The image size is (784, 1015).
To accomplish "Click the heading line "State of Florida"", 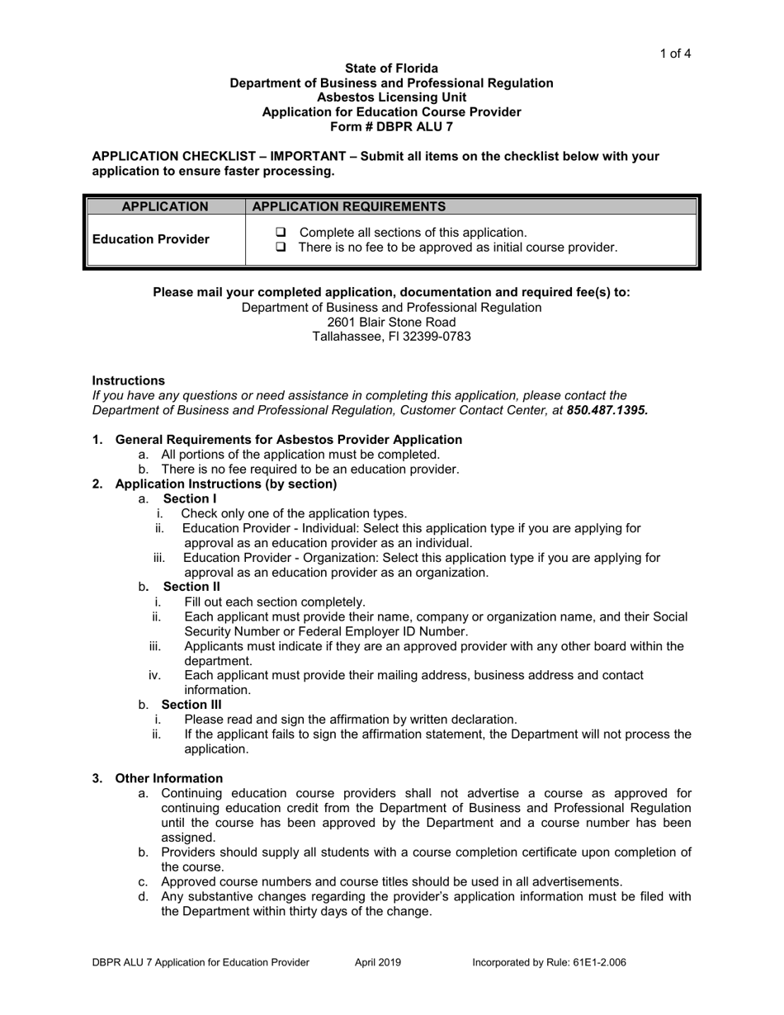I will pos(391,68).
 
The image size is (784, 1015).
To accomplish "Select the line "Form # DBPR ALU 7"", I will pos(391,127).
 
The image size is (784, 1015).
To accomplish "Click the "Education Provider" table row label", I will pos(151,239).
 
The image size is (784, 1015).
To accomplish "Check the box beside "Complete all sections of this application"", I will pos(281,233).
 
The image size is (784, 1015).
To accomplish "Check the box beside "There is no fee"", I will pos(281,248).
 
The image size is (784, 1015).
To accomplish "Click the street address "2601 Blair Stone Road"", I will pos(391,322).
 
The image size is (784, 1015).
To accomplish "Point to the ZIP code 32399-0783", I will pos(428,337).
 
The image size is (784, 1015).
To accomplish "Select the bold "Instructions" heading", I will pos(128,380).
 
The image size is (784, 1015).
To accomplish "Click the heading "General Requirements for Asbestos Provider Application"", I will pos(289,440).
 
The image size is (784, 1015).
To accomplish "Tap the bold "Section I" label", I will pos(190,498).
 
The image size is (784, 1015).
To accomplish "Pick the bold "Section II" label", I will pos(191,587).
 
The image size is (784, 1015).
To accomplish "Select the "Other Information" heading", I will pos(169,778).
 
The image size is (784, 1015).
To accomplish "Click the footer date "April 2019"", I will pos(378,962).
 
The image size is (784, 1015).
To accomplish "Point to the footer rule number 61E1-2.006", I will pos(601,962).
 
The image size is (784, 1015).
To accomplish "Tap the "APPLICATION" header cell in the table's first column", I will pos(165,206).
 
